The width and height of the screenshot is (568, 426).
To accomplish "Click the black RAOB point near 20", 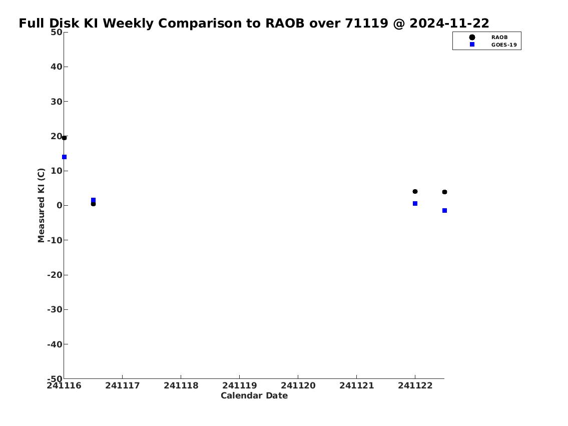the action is [64, 138].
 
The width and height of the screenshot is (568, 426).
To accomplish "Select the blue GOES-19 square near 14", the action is [64, 157].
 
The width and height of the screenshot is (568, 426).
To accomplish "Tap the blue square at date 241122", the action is [415, 204].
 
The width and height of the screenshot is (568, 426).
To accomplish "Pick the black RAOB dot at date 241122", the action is [415, 191].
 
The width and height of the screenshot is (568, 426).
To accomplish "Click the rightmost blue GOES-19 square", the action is [444, 210].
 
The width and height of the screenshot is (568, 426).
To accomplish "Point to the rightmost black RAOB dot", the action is [444, 192].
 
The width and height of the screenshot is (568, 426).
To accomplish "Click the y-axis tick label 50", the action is [57, 32].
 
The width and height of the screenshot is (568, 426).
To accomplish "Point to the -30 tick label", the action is [55, 310].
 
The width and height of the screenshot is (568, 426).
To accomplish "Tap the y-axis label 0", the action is [60, 205].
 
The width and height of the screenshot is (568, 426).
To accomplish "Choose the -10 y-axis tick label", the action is [55, 240].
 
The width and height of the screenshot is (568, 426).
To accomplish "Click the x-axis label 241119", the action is [239, 385].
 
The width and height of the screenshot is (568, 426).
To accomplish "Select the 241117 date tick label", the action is [123, 385].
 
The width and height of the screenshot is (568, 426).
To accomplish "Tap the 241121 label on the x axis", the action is [356, 385].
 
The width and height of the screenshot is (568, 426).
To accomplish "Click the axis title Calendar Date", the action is [254, 395].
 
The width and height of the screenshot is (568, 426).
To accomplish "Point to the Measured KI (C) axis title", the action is [41, 205].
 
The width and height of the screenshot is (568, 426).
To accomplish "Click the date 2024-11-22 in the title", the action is [449, 23].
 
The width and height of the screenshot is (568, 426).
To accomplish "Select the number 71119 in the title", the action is [366, 23].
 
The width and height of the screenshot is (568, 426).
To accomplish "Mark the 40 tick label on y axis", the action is [57, 67].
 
